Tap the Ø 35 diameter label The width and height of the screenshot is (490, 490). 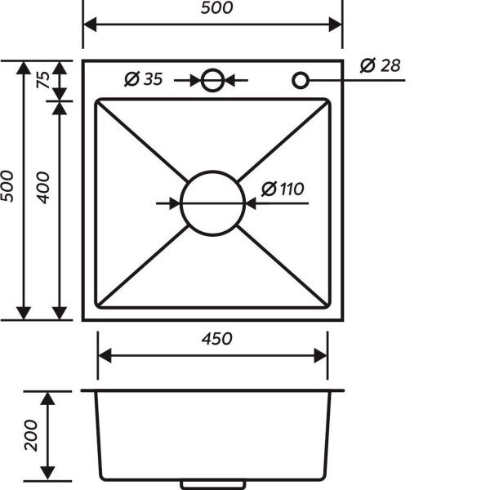coord(144,79)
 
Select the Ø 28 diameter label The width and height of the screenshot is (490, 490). coord(380,65)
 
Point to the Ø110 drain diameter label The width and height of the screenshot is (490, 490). coord(283,189)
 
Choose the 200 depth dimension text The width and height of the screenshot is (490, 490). coord(31,435)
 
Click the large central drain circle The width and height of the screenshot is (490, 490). coord(213,202)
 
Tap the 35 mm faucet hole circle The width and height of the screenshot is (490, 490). coord(213,80)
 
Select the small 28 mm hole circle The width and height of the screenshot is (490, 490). coord(301,80)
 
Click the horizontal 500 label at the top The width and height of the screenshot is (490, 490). coord(213,8)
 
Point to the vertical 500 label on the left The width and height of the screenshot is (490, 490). coord(8,188)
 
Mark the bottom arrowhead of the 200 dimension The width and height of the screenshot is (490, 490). coord(48,474)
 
